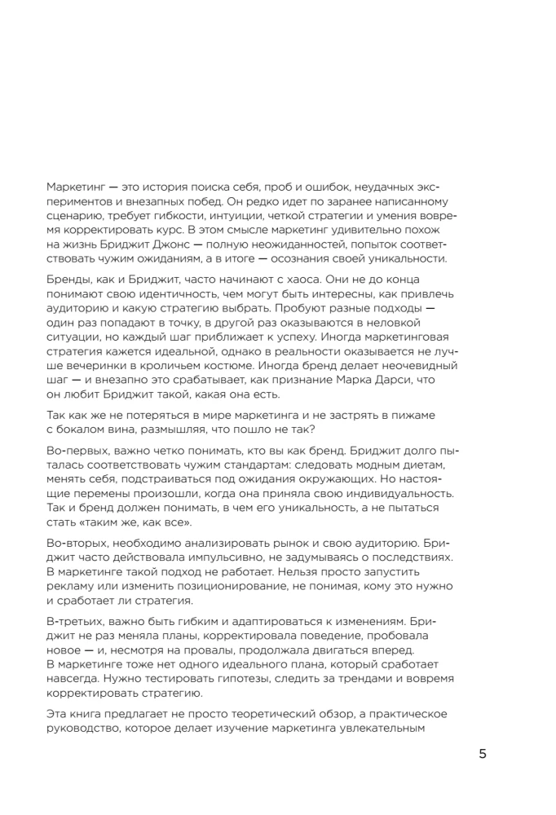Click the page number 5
click(482, 753)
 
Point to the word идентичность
click(187, 294)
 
